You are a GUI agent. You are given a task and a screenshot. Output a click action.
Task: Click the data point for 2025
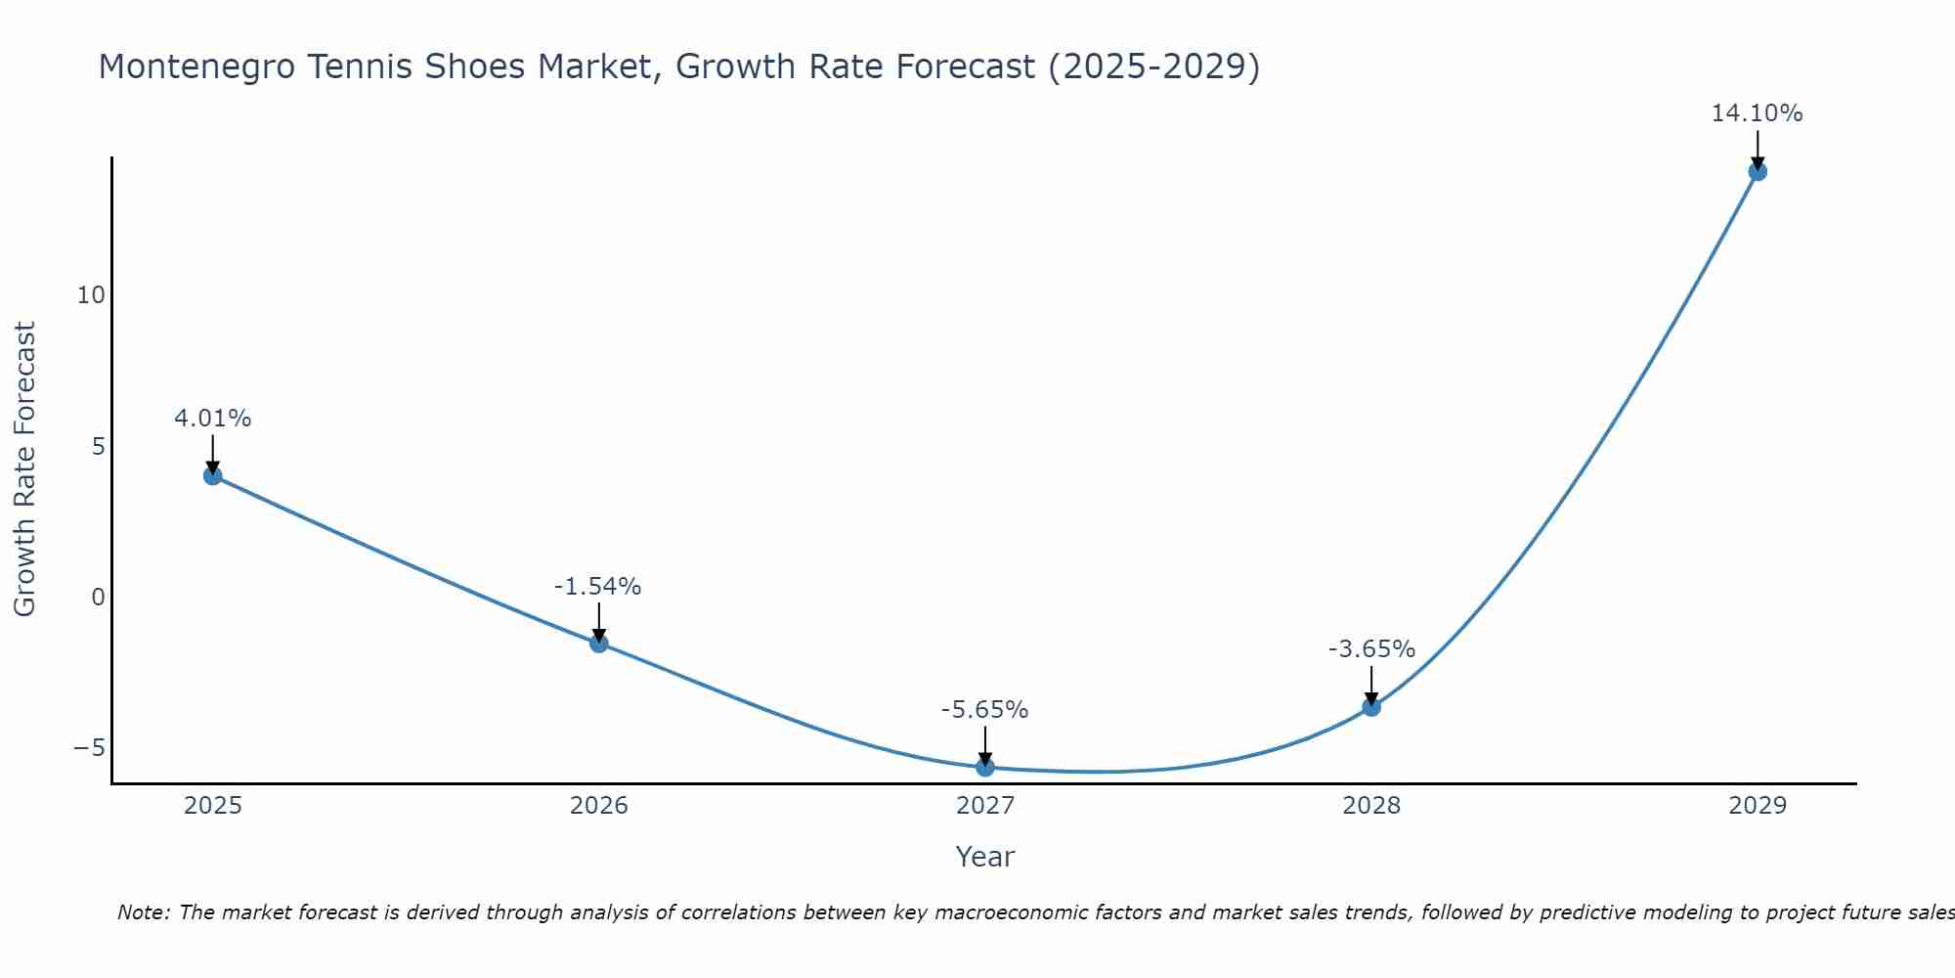pos(213,476)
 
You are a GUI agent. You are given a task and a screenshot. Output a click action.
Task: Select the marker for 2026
pos(599,644)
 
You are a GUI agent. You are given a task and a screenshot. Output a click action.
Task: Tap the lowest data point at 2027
pos(985,768)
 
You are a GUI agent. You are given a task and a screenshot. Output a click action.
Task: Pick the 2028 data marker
pos(1371,707)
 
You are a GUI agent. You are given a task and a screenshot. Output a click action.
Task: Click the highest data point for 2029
pos(1758,172)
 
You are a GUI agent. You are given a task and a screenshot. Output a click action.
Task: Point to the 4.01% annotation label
pos(213,419)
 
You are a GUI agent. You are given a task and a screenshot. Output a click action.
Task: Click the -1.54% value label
pos(597,587)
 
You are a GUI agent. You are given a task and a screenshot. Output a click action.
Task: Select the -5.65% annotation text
pos(984,710)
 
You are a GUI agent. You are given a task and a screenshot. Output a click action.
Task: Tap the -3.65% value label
pos(1371,649)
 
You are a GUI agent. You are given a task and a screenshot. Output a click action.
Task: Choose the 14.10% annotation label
pos(1757,113)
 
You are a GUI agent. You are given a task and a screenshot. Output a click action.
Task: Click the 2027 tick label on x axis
pos(985,806)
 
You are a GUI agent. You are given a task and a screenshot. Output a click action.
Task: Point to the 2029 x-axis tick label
pos(1758,806)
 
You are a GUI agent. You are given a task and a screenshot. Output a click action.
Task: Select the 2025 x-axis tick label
pos(213,806)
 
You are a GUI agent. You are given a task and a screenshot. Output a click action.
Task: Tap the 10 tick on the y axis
pos(91,295)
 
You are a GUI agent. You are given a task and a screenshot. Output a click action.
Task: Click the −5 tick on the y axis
pos(89,748)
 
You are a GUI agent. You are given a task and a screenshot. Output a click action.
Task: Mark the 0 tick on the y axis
pos(98,598)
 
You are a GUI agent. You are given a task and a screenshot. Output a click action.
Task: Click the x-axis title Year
pos(985,857)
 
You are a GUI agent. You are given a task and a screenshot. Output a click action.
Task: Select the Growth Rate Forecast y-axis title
pos(25,469)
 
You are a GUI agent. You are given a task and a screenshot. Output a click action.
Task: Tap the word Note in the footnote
pos(143,912)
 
